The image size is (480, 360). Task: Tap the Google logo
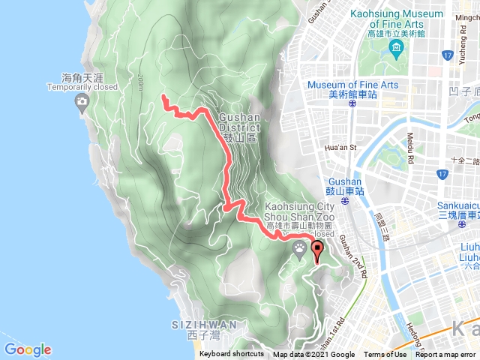[x=28, y=349]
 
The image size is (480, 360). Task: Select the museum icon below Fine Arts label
[x=395, y=49]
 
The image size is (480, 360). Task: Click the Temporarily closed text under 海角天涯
[x=82, y=87]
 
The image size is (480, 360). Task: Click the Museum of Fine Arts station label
[x=352, y=89]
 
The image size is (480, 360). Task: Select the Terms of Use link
[x=385, y=355]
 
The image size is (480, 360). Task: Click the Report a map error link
[x=445, y=355]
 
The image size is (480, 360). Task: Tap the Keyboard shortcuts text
[x=232, y=355]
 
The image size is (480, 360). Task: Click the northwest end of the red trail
[x=164, y=97]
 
